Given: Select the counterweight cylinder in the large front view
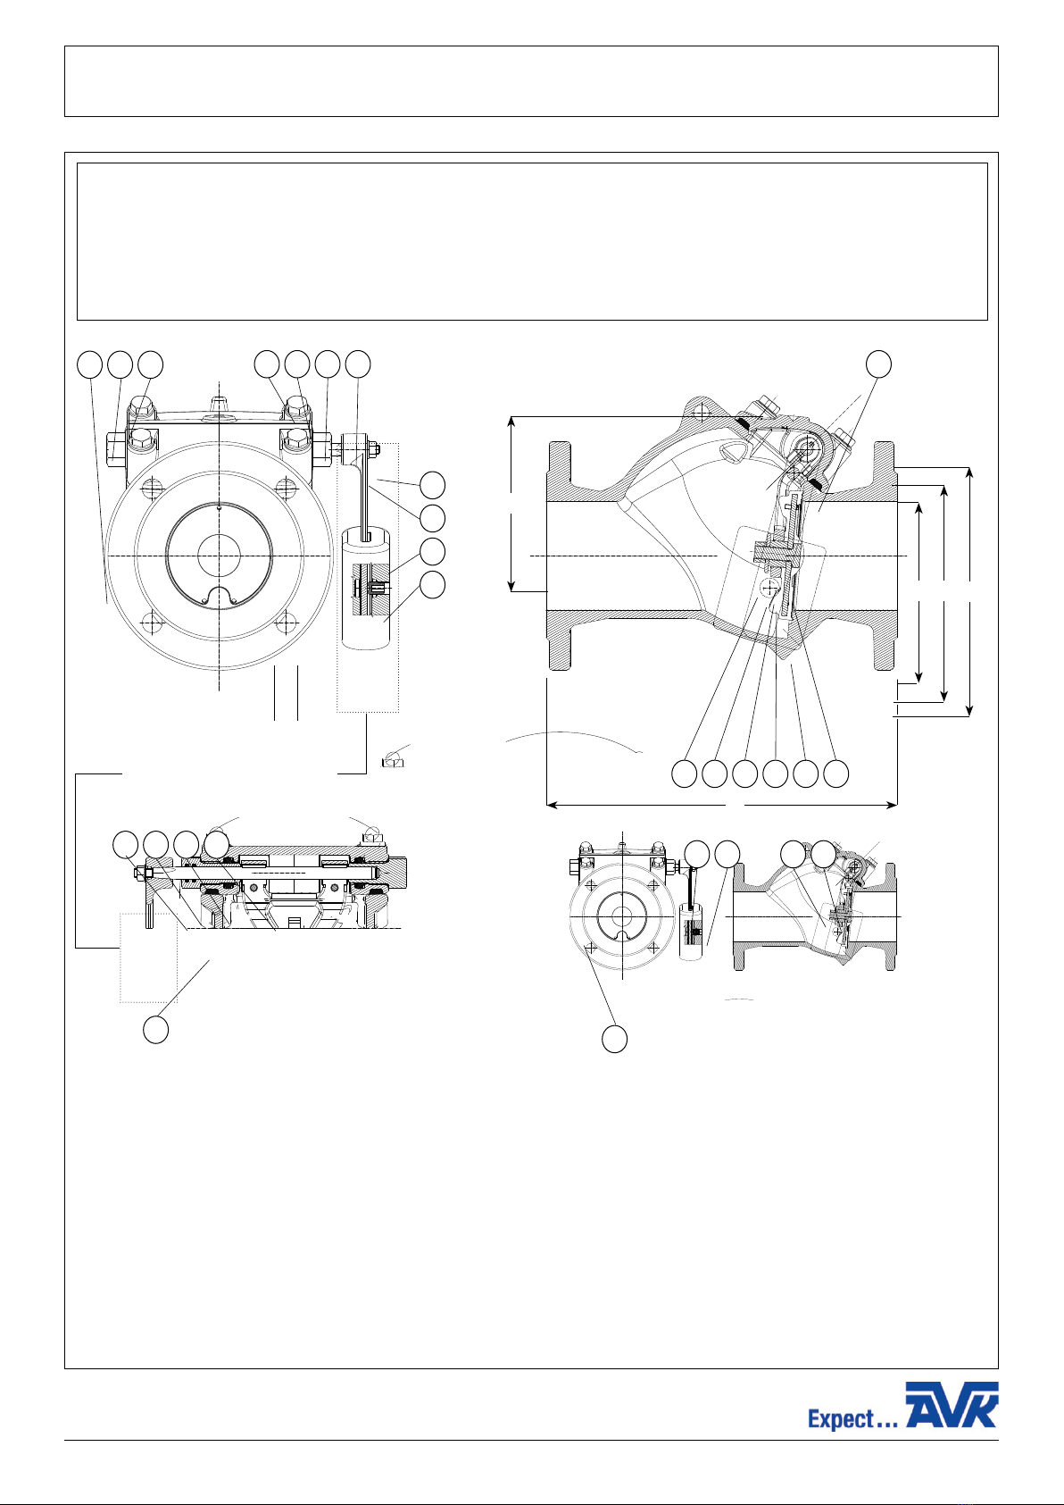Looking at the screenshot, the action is coord(367,588).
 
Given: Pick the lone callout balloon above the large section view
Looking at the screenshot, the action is coord(878,364).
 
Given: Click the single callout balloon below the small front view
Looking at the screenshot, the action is coord(614,1039).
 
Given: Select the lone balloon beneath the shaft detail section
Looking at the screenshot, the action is coord(155,1030).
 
